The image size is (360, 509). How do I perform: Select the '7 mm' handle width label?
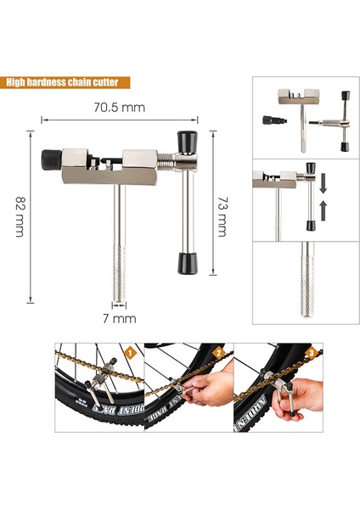point(119,319)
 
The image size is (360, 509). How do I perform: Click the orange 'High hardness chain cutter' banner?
point(67,83)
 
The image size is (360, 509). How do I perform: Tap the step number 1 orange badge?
point(132,350)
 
